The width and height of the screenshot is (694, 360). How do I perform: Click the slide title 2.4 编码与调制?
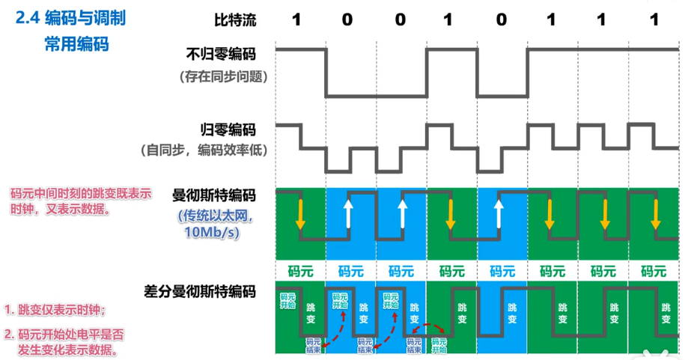[70, 18]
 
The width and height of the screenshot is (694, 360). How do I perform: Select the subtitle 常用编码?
[76, 44]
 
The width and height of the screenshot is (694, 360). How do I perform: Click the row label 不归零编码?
[221, 55]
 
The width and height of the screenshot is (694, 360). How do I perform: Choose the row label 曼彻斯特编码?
[214, 196]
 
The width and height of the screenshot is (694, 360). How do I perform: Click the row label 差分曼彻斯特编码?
[201, 291]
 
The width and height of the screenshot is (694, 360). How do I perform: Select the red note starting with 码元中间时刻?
[81, 201]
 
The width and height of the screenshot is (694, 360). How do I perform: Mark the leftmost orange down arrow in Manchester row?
[300, 213]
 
